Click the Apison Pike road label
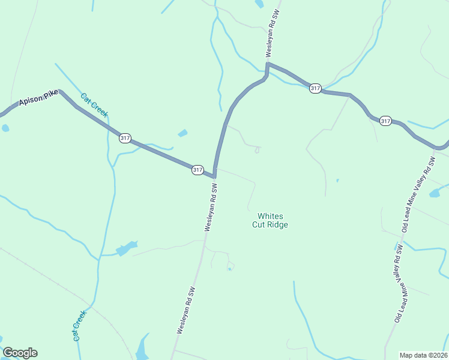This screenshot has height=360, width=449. [38, 99]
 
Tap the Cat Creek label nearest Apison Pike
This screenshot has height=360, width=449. [94, 105]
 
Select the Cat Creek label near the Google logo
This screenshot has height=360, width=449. [80, 325]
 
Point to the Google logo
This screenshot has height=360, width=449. [20, 353]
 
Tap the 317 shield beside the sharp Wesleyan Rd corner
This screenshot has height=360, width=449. [198, 170]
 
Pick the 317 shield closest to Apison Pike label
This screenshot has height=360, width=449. [125, 138]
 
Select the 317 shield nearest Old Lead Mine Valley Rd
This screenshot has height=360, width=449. [386, 121]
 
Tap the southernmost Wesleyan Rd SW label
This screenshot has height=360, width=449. [185, 309]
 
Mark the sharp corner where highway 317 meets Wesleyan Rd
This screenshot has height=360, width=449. [214, 176]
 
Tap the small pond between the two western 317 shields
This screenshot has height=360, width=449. [182, 133]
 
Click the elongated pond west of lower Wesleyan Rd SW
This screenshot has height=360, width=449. [127, 248]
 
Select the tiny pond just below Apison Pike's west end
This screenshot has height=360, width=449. [5, 128]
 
